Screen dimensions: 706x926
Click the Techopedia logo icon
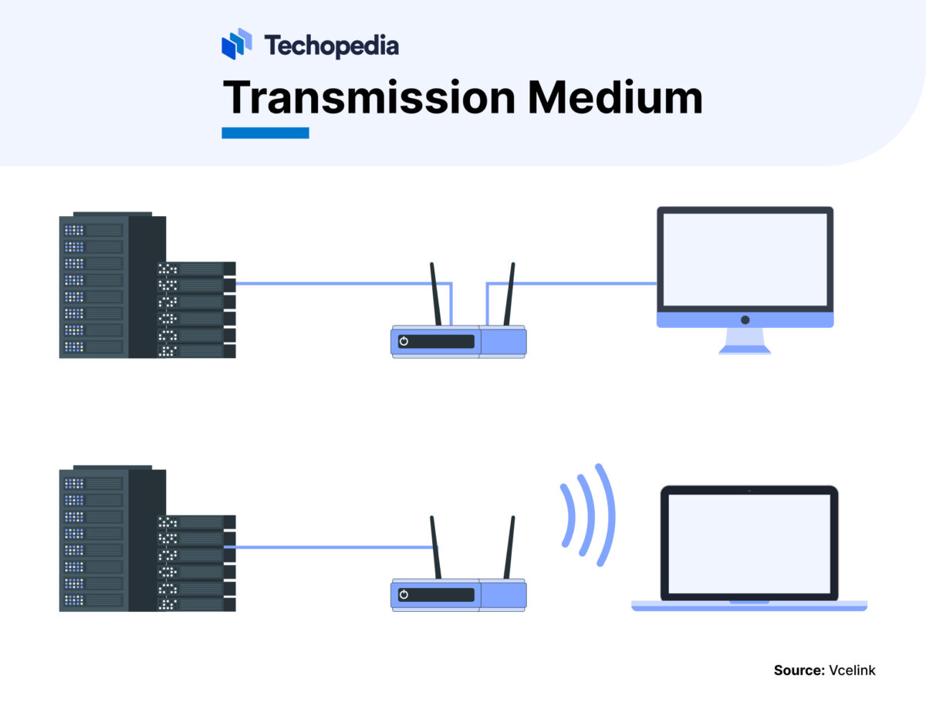[237, 45]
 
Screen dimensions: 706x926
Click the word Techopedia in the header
[331, 46]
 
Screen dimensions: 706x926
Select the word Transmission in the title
[368, 98]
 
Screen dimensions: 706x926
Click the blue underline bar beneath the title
[265, 133]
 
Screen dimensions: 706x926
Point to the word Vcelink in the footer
[853, 671]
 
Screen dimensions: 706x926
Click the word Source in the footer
[799, 671]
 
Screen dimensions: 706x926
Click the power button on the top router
[404, 341]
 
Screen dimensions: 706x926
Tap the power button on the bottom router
[404, 594]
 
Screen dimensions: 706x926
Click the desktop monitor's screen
[745, 259]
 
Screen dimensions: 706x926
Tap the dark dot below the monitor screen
[745, 319]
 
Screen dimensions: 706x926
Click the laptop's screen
[749, 542]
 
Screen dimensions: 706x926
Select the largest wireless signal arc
[607, 515]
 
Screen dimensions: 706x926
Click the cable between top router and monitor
[571, 284]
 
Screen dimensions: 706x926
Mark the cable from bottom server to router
[332, 547]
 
